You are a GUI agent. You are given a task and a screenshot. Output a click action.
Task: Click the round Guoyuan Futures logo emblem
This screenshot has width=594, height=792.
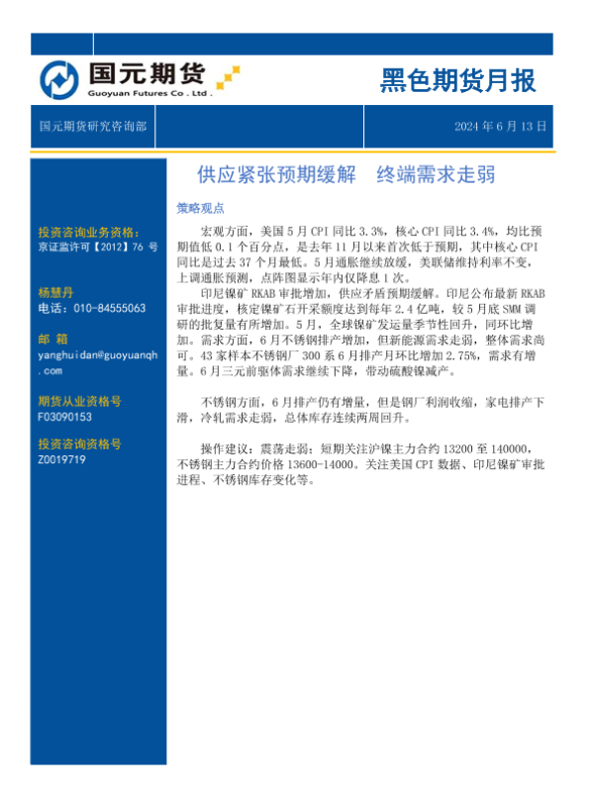click(x=58, y=79)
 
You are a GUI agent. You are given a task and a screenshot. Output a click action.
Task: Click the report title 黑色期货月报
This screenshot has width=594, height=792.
click(x=457, y=81)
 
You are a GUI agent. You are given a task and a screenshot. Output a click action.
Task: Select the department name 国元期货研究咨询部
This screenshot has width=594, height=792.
click(x=93, y=127)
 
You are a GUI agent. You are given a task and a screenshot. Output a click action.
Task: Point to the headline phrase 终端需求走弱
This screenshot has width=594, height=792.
click(x=436, y=176)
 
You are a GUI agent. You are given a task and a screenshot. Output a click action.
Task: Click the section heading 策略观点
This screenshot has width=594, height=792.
click(x=200, y=209)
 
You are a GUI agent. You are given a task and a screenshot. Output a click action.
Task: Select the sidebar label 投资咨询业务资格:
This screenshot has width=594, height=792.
click(x=88, y=232)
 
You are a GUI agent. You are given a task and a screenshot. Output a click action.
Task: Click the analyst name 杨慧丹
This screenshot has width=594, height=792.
click(x=57, y=293)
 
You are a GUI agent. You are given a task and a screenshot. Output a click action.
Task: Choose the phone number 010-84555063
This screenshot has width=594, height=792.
click(x=91, y=308)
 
